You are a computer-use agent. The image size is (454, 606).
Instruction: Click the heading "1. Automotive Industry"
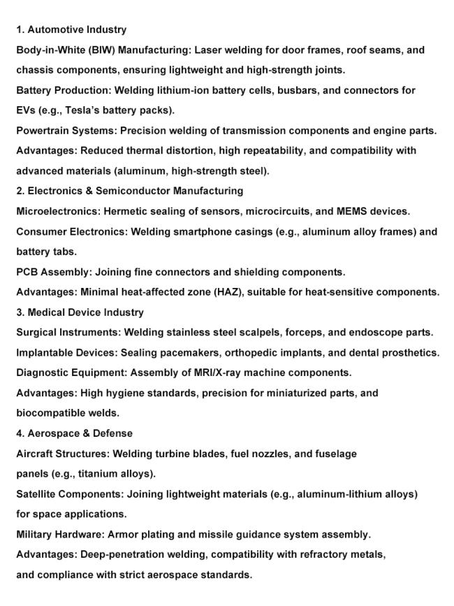(x=71, y=30)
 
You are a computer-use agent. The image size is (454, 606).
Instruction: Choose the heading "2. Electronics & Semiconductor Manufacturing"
(x=130, y=191)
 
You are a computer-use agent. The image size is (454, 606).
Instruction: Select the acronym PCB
(x=27, y=272)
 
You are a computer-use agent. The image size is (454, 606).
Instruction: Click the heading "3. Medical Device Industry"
(x=80, y=312)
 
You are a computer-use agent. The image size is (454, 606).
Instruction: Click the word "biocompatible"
(x=51, y=413)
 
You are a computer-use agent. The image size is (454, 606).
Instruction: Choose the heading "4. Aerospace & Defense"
(x=75, y=433)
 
